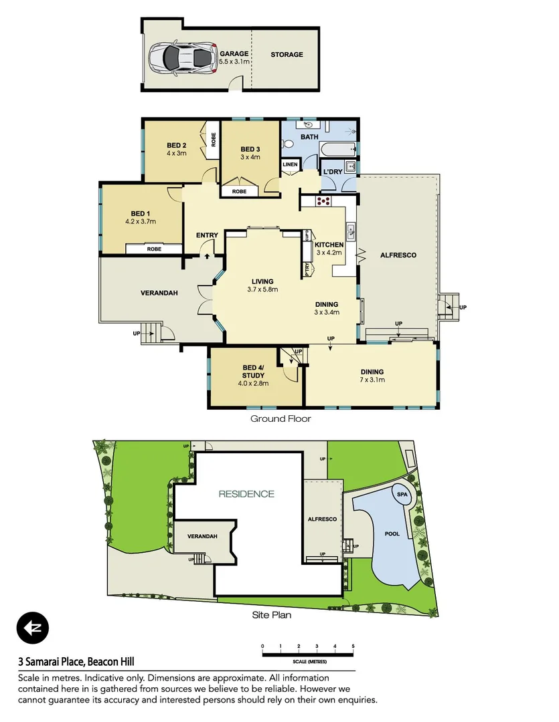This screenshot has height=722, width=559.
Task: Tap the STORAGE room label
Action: [287, 55]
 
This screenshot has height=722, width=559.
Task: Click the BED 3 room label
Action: [250, 149]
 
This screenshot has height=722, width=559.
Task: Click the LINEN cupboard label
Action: [290, 164]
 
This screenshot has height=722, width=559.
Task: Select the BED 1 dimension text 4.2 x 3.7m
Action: [141, 221]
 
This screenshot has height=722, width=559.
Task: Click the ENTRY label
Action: [207, 235]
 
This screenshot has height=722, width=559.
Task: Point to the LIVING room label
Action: [262, 281]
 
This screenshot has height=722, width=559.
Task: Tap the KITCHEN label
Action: [329, 245]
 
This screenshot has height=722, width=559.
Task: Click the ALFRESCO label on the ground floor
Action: [398, 255]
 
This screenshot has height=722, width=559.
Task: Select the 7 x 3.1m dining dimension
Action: [372, 380]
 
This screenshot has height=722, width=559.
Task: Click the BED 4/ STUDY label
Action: [253, 371]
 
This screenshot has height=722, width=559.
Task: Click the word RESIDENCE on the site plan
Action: [246, 494]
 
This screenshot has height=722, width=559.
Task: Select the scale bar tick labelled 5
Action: [353, 646]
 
